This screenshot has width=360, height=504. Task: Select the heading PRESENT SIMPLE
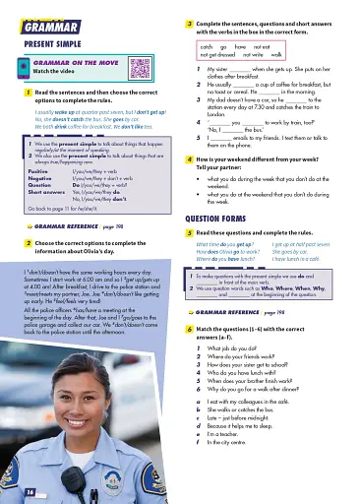(53, 42)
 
